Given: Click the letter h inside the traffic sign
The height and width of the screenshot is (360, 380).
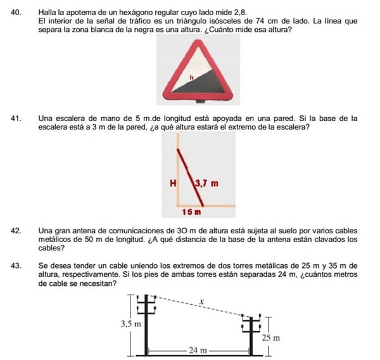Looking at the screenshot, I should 191,75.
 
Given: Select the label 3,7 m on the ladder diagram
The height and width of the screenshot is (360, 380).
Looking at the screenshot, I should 206,184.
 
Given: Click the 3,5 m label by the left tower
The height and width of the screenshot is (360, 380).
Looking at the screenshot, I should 130,324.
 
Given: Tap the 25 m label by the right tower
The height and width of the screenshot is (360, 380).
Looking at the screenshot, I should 270,338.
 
